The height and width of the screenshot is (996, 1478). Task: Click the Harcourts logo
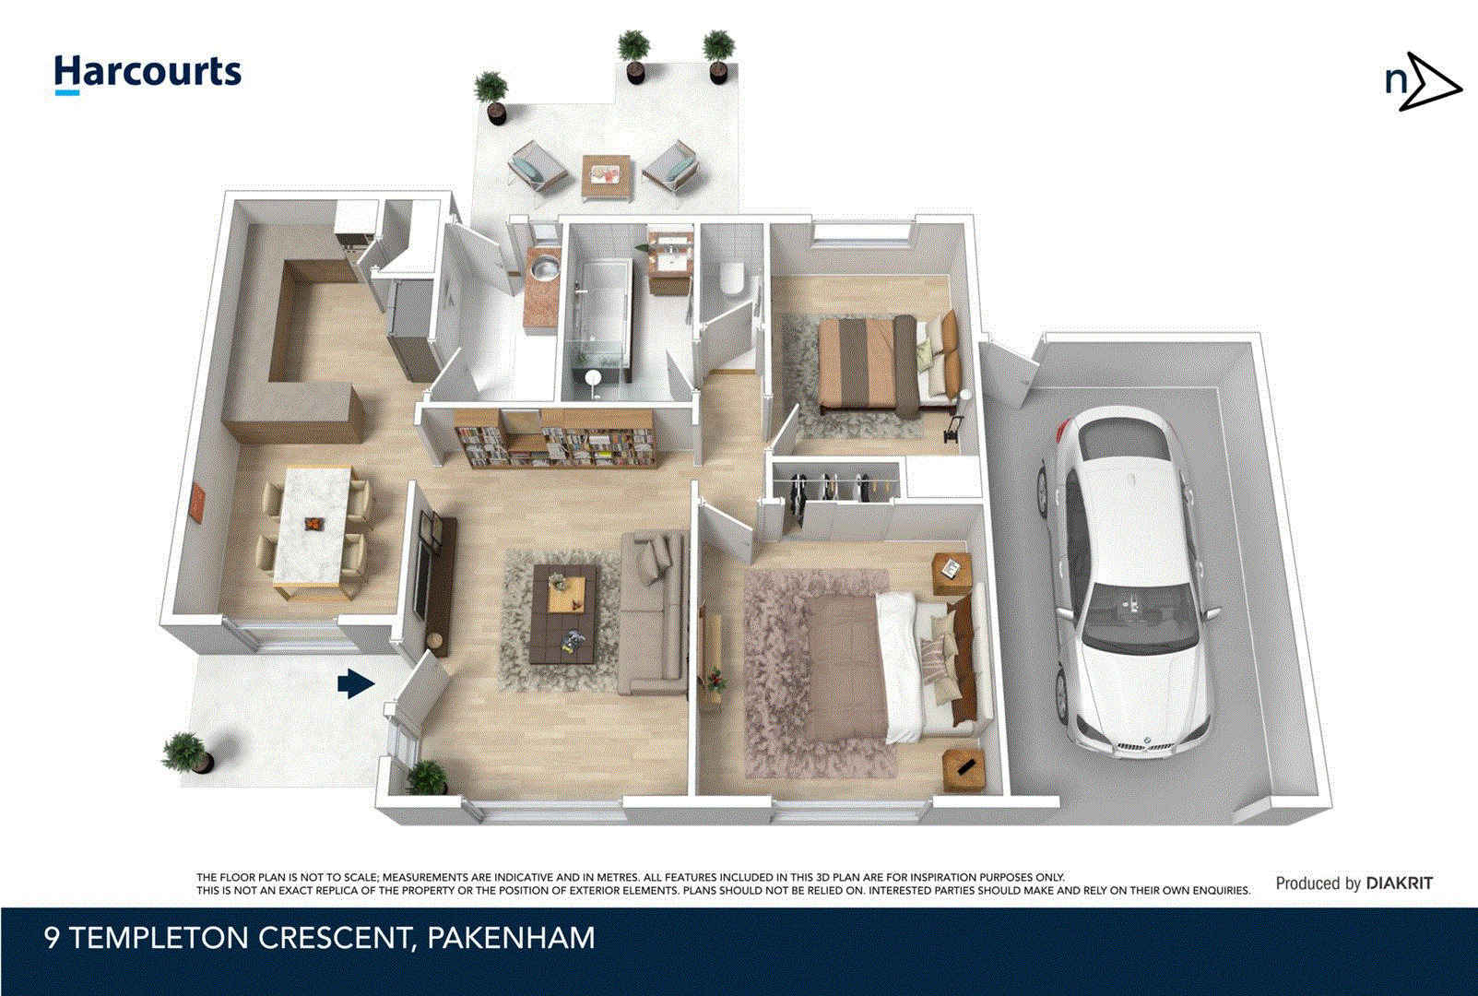(148, 73)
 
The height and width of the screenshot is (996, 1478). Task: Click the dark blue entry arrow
(355, 683)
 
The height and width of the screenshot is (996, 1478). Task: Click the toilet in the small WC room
(732, 277)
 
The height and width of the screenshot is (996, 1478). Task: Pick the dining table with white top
(313, 526)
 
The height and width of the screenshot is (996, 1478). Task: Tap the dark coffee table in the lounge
(563, 613)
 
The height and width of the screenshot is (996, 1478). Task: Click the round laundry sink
(545, 268)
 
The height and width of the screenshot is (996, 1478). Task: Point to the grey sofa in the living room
(653, 613)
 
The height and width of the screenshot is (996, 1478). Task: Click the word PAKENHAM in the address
(511, 938)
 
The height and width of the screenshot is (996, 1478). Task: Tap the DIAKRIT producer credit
(1399, 883)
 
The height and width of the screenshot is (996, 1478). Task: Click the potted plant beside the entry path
(187, 753)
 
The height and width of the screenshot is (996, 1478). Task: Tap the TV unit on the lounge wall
(433, 581)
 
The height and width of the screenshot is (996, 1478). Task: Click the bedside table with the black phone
(964, 768)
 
